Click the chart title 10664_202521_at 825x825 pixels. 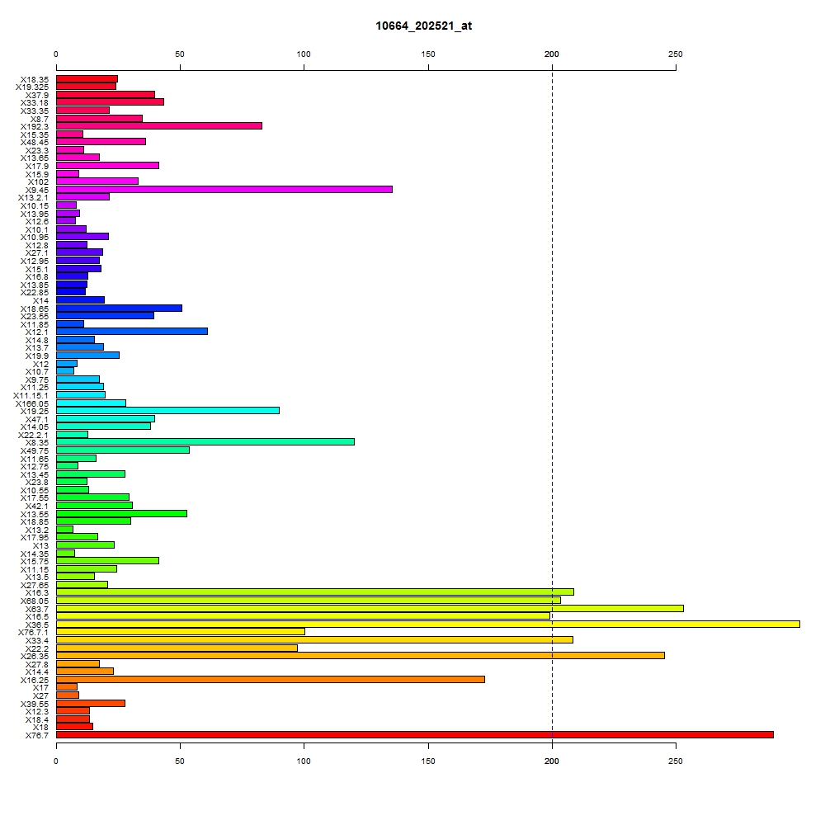[x=423, y=26]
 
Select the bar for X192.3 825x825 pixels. [x=159, y=125]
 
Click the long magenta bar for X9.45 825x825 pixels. [x=224, y=190]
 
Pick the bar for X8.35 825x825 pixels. [x=205, y=442]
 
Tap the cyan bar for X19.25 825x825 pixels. [x=167, y=410]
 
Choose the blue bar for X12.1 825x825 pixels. [x=132, y=332]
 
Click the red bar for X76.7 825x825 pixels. [x=415, y=734]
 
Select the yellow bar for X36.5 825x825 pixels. [x=427, y=624]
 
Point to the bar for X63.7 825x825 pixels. [x=370, y=608]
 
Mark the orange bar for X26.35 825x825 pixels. [x=361, y=656]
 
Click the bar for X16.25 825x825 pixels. [x=271, y=679]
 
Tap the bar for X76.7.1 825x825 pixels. [x=181, y=631]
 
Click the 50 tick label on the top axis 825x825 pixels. [x=180, y=54]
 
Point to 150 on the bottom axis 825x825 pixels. [x=427, y=761]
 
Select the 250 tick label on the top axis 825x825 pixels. [x=676, y=54]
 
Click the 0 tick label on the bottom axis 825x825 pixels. [x=56, y=761]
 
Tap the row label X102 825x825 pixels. [x=38, y=182]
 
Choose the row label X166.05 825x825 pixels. [x=32, y=404]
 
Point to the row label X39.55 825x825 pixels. [x=35, y=704]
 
